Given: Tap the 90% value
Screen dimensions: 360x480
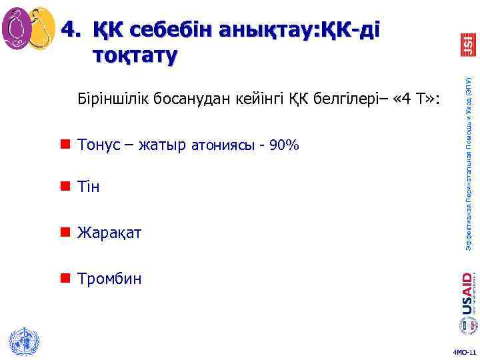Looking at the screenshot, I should (283, 145).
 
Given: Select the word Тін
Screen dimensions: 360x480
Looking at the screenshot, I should (89, 187).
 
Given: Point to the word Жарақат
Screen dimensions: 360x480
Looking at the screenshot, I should (109, 233).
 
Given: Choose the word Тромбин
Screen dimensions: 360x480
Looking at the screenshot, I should (109, 278).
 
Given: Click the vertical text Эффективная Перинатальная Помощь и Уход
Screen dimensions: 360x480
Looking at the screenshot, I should (469, 163).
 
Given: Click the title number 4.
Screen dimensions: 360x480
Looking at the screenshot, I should (69, 29).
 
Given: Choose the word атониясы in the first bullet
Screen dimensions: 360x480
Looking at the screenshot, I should (222, 145).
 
